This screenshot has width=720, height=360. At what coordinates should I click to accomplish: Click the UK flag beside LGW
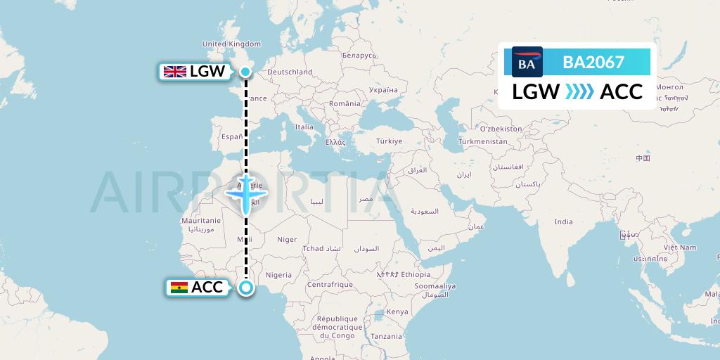[x=174, y=71]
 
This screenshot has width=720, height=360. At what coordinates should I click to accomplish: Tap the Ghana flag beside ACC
[x=179, y=287]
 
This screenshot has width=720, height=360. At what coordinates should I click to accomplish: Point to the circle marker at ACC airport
[x=246, y=287]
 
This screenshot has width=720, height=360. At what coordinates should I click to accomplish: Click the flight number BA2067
[x=593, y=62]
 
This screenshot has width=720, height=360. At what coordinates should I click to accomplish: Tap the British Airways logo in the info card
[x=527, y=62]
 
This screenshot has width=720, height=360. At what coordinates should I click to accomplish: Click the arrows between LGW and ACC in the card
[x=579, y=92]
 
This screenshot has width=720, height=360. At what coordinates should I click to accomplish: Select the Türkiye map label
[x=388, y=141]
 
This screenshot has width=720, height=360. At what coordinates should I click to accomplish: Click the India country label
[x=563, y=221]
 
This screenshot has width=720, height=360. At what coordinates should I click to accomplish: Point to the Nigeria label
[x=279, y=274]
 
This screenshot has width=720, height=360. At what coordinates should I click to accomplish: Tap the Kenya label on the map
[x=397, y=311]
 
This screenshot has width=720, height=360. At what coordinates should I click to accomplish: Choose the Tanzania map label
[x=387, y=336]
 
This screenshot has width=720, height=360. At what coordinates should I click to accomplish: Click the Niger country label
[x=287, y=240]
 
